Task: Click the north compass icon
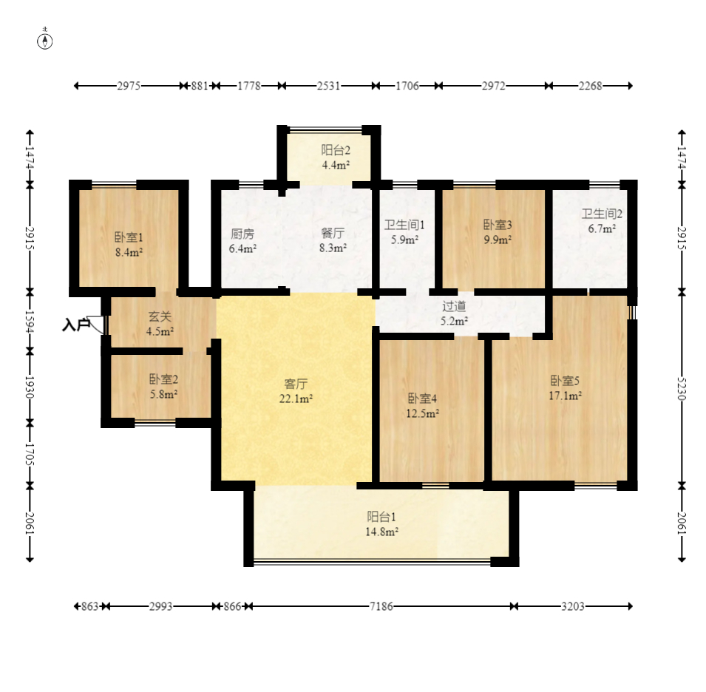click(x=44, y=41)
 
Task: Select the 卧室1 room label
click(x=129, y=237)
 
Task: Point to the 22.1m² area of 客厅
click(x=296, y=398)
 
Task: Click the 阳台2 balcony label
click(x=336, y=150)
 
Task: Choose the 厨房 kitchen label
click(x=242, y=234)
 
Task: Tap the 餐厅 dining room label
click(x=333, y=233)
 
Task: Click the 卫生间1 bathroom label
click(x=404, y=225)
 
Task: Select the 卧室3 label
click(x=498, y=225)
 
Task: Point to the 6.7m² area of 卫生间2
click(x=602, y=228)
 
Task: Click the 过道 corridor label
click(x=454, y=306)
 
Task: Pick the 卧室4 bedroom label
click(x=422, y=398)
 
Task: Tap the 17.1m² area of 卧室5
click(x=565, y=396)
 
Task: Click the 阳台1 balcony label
click(x=381, y=516)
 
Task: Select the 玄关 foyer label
click(x=160, y=317)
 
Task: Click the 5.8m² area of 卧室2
click(x=163, y=394)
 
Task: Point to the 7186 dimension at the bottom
click(x=381, y=606)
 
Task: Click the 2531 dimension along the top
click(x=329, y=86)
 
